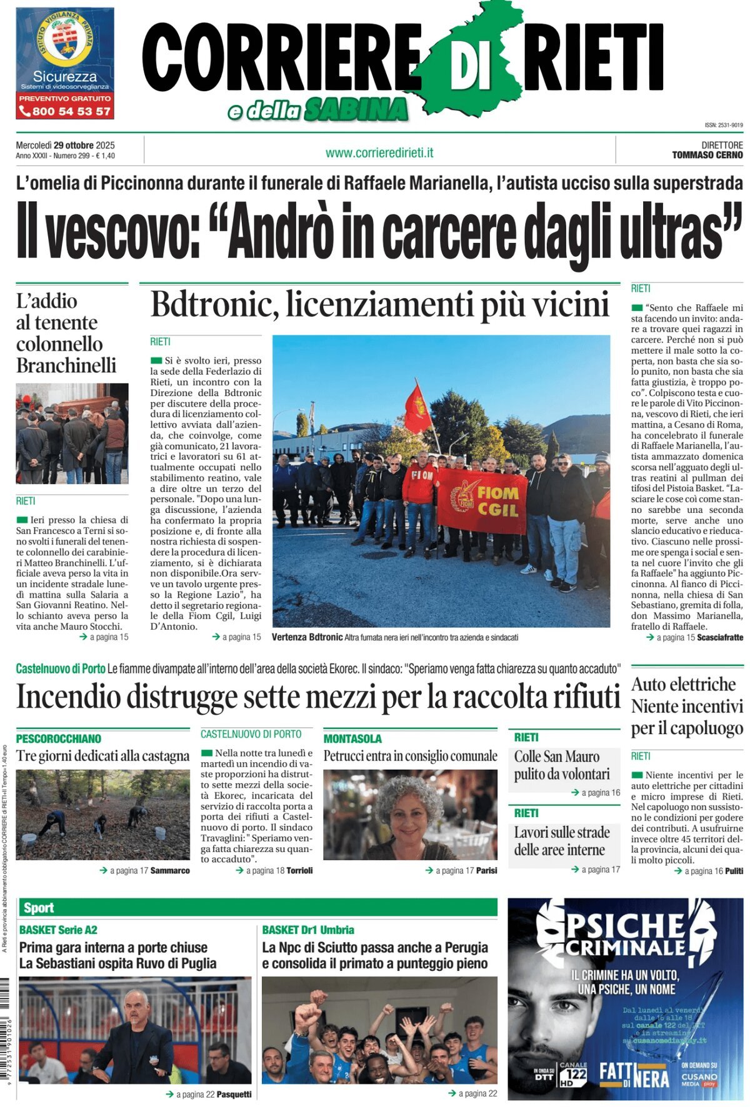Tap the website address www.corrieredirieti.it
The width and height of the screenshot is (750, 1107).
tap(379, 152)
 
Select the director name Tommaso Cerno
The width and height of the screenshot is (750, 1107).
tap(707, 155)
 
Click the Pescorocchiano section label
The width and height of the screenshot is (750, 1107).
tap(59, 738)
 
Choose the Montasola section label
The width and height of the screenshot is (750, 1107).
tap(352, 738)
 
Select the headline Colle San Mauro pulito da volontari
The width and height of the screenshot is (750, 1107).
tap(562, 765)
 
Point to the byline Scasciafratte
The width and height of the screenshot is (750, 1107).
tap(720, 637)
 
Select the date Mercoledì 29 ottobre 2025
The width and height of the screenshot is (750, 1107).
tap(66, 146)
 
